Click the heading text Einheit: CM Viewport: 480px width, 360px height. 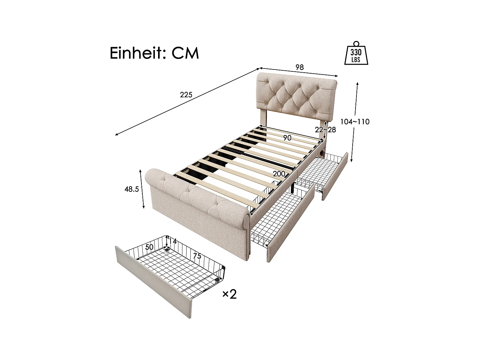click(x=154, y=53)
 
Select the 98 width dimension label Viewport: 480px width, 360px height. click(x=300, y=67)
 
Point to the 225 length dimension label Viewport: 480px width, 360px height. click(x=186, y=95)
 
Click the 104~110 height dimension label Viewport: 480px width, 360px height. click(x=355, y=122)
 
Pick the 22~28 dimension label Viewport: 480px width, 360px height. click(x=325, y=130)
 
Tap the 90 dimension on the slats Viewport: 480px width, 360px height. click(x=287, y=138)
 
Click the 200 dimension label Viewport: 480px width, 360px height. click(x=279, y=174)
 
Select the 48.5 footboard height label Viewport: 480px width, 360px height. click(x=132, y=189)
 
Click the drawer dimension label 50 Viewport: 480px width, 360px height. click(x=149, y=247)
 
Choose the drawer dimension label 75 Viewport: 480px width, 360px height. click(x=197, y=256)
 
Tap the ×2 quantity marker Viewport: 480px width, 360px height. click(x=229, y=294)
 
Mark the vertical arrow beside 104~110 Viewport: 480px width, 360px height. click(x=355, y=141)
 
